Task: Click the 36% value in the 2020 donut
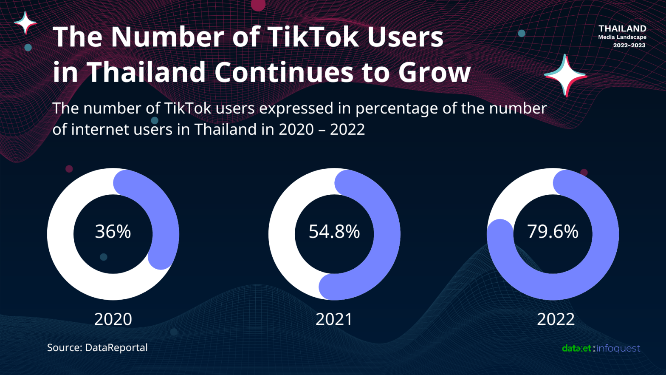click(113, 232)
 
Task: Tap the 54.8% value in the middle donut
click(334, 232)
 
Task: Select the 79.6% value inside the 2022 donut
click(553, 232)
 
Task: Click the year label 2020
click(113, 319)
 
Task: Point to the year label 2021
click(334, 319)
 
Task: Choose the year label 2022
click(556, 319)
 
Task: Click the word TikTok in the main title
click(313, 37)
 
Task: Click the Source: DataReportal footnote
click(97, 347)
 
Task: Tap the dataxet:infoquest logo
click(601, 348)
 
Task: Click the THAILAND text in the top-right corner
click(622, 28)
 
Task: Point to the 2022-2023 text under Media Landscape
click(629, 45)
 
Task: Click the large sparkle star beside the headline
click(565, 76)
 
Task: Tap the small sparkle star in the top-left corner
click(25, 22)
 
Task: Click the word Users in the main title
click(405, 37)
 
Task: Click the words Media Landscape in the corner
click(622, 37)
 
